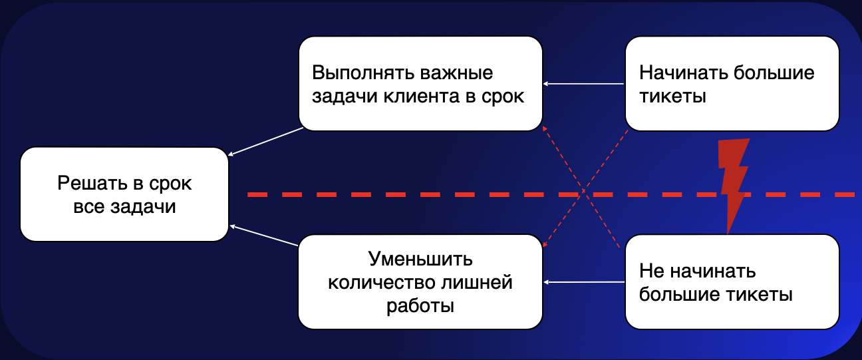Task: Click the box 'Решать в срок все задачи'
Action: pos(124,194)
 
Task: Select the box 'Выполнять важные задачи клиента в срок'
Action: pos(420,83)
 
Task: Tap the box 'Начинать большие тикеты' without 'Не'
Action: pos(732,83)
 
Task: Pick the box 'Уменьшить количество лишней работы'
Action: pos(420,281)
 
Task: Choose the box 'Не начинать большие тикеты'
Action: pos(732,281)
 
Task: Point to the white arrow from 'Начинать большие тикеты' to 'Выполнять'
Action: pos(584,84)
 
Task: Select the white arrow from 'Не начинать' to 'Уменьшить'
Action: pos(584,282)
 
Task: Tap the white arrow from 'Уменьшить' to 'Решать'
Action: pos(264,236)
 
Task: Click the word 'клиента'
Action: pos(426,96)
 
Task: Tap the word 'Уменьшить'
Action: pos(420,258)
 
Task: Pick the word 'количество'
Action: pos(380,282)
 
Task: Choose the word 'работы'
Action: pos(420,305)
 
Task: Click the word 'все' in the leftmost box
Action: pos(88,206)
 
